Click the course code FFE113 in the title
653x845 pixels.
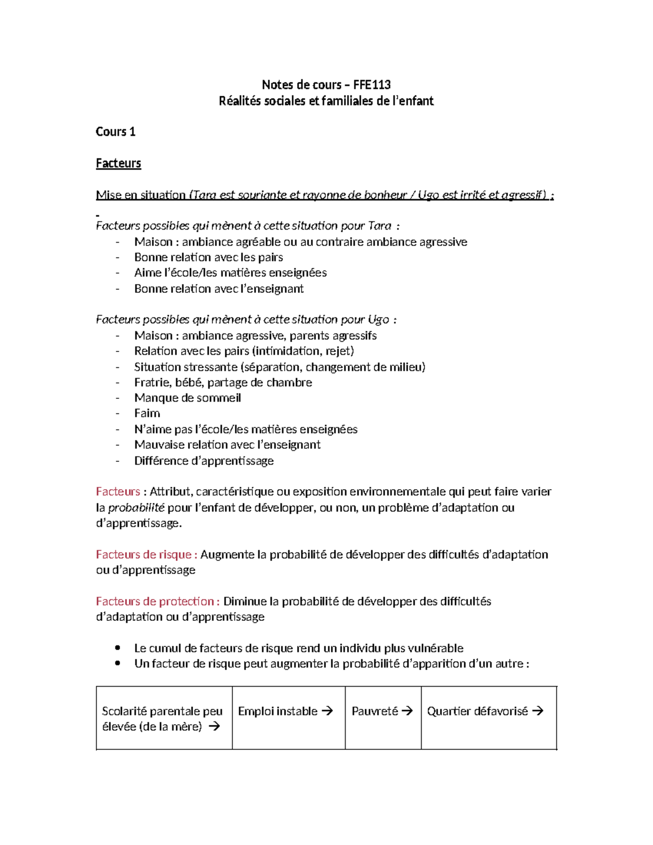(x=372, y=84)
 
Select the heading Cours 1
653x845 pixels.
(x=115, y=132)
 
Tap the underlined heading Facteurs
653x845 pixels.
(x=118, y=163)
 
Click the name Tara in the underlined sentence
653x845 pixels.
(x=204, y=195)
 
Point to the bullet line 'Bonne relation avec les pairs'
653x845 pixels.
(x=208, y=257)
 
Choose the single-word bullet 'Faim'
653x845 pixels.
(x=147, y=414)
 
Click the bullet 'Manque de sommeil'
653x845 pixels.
(x=187, y=398)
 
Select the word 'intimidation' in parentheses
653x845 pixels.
(x=287, y=351)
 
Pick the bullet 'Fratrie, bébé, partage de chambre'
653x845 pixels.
(x=223, y=383)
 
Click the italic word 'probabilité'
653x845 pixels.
(x=136, y=508)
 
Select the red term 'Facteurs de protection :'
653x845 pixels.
(x=158, y=601)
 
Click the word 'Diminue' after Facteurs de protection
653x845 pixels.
(x=243, y=601)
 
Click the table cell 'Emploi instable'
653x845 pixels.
(x=278, y=711)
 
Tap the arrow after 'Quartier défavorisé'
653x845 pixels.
(x=538, y=711)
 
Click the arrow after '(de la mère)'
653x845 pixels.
(x=214, y=726)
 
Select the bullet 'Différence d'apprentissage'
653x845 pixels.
(x=204, y=461)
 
